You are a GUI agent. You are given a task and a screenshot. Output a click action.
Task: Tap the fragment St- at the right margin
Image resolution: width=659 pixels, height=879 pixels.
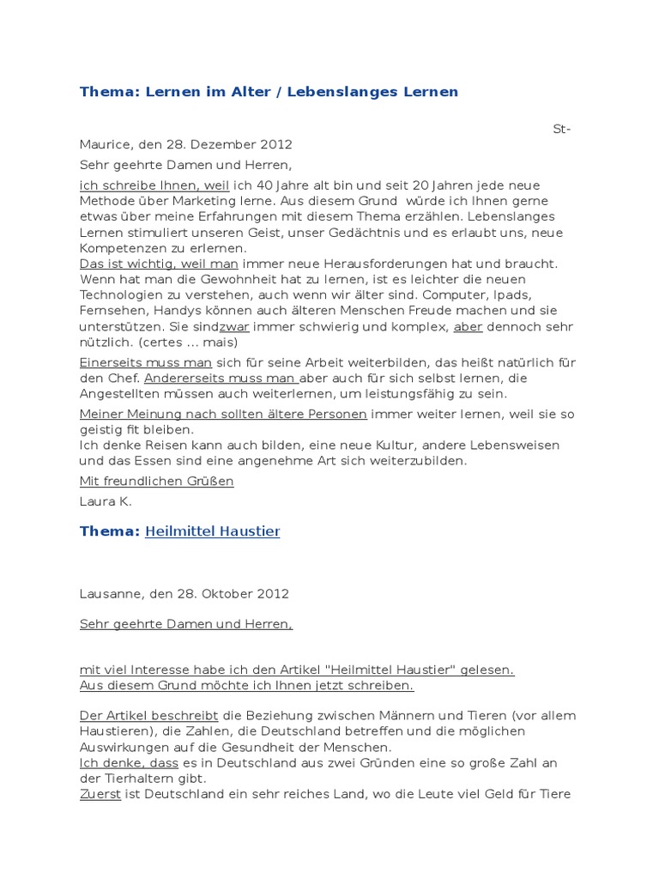[562, 129]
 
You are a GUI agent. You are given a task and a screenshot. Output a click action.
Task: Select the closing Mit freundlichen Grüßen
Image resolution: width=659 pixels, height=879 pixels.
[156, 482]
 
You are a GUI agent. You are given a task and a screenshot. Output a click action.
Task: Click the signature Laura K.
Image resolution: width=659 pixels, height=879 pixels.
[106, 502]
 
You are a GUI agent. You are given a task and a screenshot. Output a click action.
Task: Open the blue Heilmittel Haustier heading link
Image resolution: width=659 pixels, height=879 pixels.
[213, 532]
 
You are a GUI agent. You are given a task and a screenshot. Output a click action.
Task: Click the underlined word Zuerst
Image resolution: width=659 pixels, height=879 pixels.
[100, 794]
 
